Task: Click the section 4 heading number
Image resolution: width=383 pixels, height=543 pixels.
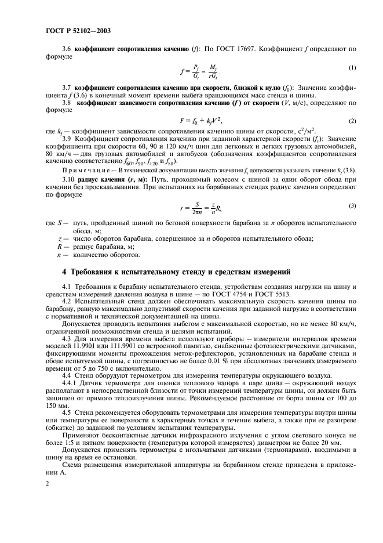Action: click(x=65, y=271)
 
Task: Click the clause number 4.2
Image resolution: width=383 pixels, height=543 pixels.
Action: click(x=66, y=302)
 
